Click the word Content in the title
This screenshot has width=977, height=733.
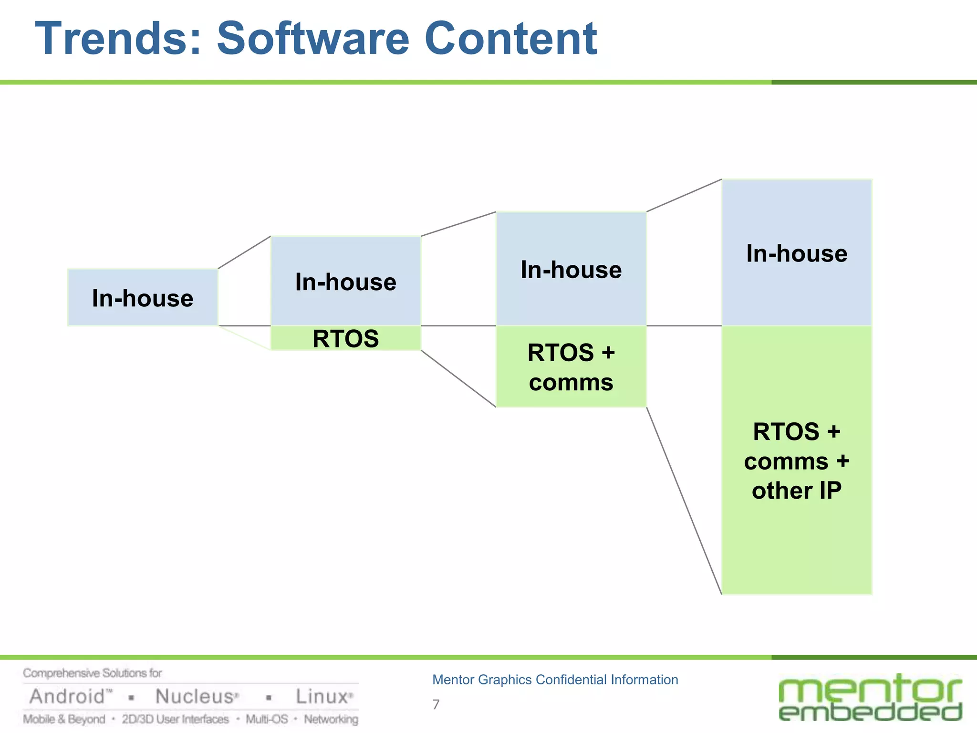coord(510,39)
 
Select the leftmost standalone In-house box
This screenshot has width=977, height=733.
coord(143,298)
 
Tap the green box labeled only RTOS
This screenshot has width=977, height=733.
coord(345,338)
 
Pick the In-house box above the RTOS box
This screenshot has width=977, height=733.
coord(345,281)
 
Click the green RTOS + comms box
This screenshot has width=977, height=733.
coord(571,367)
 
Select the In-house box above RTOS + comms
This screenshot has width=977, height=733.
coord(571,269)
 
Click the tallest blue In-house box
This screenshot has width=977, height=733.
coord(797,253)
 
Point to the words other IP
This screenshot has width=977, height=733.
coord(797,491)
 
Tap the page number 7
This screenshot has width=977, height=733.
coord(436,704)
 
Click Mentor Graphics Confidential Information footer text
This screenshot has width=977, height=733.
coord(555,680)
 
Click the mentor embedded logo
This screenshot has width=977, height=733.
coord(870,698)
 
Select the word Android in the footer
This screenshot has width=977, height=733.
coord(67,697)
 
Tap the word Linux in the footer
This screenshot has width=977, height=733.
coord(322,697)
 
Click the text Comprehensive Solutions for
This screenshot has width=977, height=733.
coord(93,673)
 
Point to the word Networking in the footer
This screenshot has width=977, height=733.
coord(331,719)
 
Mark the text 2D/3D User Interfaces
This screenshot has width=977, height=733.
coord(175,719)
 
